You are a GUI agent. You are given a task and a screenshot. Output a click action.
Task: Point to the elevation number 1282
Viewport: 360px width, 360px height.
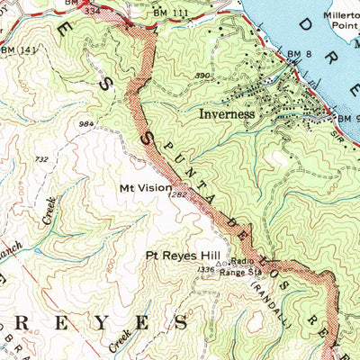177,194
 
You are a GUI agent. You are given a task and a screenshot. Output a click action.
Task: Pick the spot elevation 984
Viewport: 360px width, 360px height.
86,124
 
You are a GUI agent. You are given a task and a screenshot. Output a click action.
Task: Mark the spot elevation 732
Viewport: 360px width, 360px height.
41,159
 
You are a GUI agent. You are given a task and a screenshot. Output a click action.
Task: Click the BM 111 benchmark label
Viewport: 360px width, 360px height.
170,14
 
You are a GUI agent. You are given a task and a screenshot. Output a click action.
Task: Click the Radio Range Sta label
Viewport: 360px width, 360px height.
239,267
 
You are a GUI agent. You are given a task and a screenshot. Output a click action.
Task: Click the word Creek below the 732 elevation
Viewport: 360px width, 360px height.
49,211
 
